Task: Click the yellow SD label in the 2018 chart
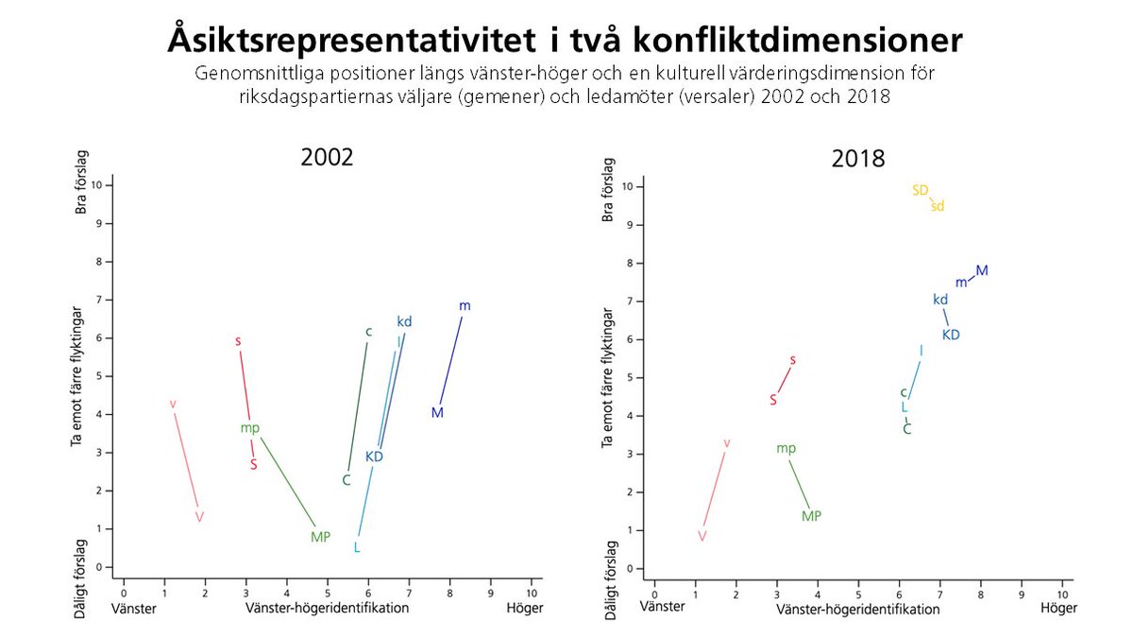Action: pos(921,190)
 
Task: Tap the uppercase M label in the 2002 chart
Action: pos(437,412)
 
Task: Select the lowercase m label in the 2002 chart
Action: pos(465,305)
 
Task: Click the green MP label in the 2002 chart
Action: pos(320,537)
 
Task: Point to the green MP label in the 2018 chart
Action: pos(811,516)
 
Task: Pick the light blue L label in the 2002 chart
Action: pos(357,547)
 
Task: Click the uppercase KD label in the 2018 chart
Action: pos(951,335)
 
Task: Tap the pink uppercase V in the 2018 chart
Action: pos(702,536)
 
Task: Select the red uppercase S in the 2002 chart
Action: pos(254,464)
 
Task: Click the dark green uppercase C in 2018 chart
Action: pos(907,429)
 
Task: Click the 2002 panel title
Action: pos(327,157)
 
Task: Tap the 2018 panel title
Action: pos(857,159)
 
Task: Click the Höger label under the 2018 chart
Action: pos(1057,609)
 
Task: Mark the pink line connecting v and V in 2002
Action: pos(186,460)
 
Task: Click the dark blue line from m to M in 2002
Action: pos(451,359)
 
